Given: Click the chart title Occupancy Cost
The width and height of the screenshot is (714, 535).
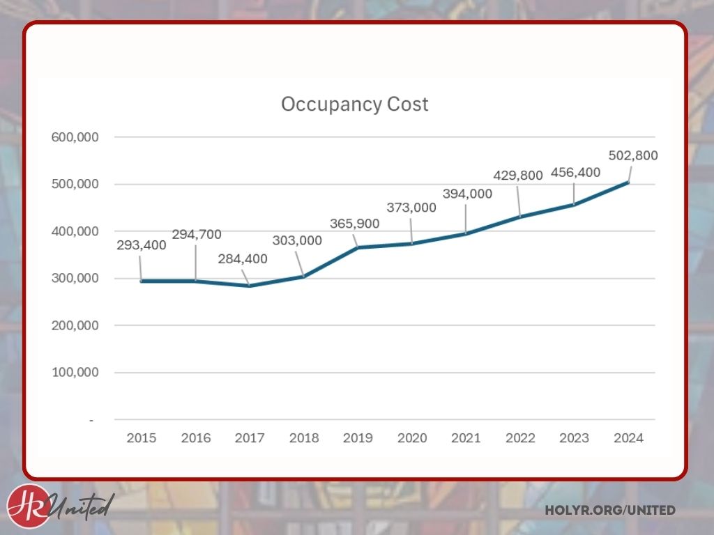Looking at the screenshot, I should (354, 104).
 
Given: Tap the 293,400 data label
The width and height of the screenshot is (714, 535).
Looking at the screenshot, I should (140, 246).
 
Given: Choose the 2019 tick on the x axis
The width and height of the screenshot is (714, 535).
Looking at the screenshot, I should (358, 438).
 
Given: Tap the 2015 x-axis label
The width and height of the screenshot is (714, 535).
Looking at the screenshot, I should (141, 438).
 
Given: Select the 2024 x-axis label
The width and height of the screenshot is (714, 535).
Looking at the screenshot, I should (628, 438).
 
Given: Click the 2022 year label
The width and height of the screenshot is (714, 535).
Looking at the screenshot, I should (520, 438).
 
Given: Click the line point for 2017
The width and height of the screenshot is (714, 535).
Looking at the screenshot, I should (250, 286).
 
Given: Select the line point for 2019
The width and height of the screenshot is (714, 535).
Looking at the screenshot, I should (358, 247).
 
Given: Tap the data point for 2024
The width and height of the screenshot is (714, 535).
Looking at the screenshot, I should (628, 183).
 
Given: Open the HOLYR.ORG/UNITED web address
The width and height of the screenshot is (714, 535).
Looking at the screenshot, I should (610, 511).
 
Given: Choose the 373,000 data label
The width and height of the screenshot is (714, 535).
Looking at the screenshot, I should (411, 208).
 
